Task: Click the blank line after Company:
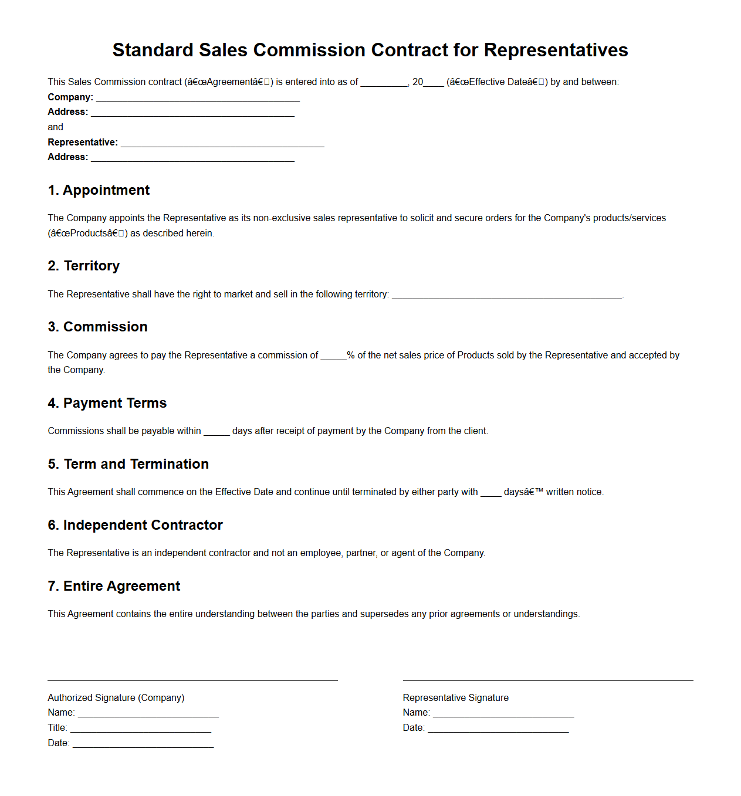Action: click(198, 98)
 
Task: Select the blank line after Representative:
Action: click(222, 143)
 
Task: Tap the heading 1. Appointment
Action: click(99, 190)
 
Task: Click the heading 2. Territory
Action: click(84, 266)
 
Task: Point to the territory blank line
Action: click(506, 295)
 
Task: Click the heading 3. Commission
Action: click(98, 327)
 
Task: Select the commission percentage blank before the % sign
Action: click(333, 356)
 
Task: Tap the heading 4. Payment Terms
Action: click(107, 403)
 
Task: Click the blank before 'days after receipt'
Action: click(216, 432)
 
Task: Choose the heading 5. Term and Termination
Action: click(128, 464)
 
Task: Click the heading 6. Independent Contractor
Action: click(136, 525)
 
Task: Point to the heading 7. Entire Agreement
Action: click(114, 586)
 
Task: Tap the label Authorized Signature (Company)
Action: click(116, 698)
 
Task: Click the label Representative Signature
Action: click(456, 698)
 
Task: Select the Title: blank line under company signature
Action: click(140, 729)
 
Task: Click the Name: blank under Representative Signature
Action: click(503, 714)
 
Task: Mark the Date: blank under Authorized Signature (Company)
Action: click(143, 744)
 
